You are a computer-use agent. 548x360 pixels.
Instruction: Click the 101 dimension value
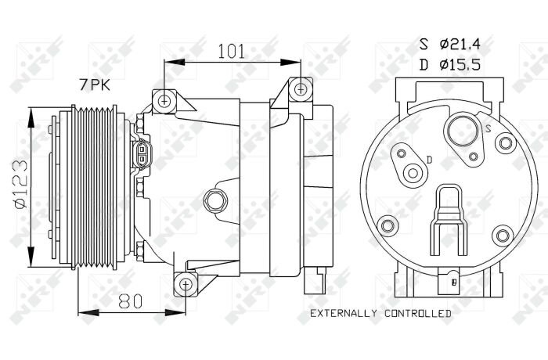[232, 52]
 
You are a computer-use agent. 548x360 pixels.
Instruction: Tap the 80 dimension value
[131, 301]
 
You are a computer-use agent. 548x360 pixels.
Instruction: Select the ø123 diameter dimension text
[21, 184]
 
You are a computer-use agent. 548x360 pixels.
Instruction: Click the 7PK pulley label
[95, 85]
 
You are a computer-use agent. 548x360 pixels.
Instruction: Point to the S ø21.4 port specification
[450, 45]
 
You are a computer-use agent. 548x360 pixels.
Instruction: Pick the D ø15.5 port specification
[450, 65]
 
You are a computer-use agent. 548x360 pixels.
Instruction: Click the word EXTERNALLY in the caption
[344, 313]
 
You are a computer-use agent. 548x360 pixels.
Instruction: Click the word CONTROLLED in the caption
[418, 313]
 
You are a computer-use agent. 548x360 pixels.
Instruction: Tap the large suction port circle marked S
[463, 131]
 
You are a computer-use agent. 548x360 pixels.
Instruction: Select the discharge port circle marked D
[413, 173]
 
